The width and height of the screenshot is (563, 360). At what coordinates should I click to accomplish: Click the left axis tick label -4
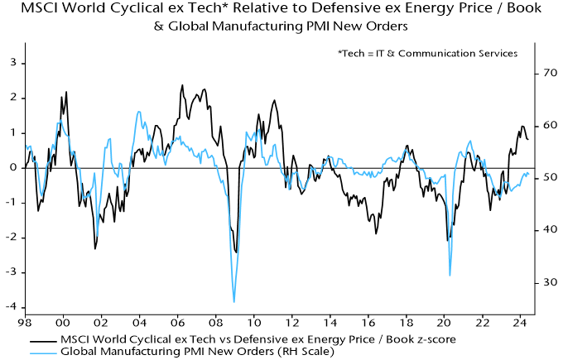tap(12, 307)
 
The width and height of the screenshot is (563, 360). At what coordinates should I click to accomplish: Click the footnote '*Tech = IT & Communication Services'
tap(427, 54)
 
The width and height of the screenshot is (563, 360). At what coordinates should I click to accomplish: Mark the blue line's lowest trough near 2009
tap(234, 302)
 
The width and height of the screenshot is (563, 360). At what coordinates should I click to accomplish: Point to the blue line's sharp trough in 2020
tap(450, 275)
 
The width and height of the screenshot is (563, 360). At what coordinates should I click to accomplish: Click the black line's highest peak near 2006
tap(182, 85)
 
